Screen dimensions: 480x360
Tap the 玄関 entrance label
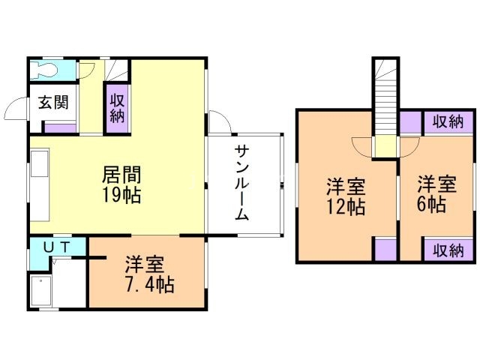point(53,102)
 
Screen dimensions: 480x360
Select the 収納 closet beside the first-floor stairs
point(117,108)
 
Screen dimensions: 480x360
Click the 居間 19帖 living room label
point(121,184)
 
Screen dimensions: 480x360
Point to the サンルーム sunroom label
point(241,183)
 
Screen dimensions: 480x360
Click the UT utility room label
point(57,247)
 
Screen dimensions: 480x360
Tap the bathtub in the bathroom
point(41,291)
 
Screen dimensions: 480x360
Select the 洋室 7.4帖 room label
point(150,274)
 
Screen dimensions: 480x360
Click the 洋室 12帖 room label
point(346,196)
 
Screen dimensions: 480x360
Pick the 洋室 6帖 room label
point(436,193)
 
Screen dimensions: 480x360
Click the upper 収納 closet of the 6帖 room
point(448,122)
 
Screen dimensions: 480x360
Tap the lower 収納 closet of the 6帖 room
point(448,250)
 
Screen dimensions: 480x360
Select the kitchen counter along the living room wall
point(40,184)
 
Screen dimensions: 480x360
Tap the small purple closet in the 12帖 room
point(385,249)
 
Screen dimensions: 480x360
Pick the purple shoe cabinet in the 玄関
point(60,127)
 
